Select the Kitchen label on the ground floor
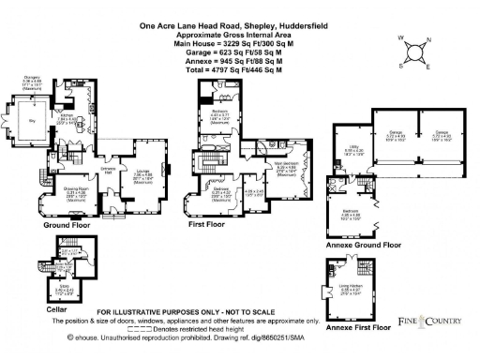coord(65,118)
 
